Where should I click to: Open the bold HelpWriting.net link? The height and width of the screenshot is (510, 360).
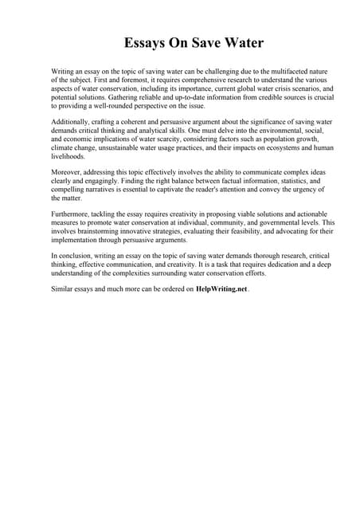tap(221, 290)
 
